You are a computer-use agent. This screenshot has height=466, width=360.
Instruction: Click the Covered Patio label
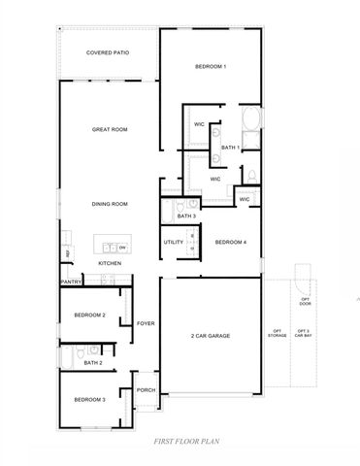click(x=108, y=53)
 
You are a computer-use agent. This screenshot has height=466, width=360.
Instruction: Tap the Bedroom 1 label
click(x=211, y=67)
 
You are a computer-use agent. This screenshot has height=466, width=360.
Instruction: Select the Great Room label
click(x=110, y=129)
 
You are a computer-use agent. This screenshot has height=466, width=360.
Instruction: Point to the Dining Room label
click(x=110, y=204)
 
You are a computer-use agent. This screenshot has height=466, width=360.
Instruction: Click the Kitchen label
click(x=110, y=263)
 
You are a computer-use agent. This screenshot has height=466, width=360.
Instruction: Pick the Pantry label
click(x=71, y=282)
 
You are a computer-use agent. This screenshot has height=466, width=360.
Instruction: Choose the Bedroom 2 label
click(x=90, y=316)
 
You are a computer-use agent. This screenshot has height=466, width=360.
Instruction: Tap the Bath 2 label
click(x=93, y=362)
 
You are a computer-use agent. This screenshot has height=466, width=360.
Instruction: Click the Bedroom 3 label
click(x=90, y=399)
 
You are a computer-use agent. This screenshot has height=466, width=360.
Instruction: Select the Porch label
click(x=146, y=390)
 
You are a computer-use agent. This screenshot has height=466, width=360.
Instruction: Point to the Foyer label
click(x=146, y=323)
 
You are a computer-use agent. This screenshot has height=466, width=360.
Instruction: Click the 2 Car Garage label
click(x=210, y=336)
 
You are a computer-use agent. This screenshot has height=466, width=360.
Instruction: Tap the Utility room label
click(x=173, y=242)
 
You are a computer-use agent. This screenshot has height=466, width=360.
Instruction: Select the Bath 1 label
click(x=230, y=147)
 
